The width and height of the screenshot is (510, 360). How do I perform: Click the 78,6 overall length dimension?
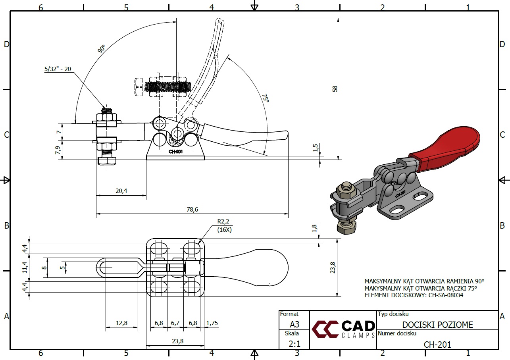(x=192, y=209)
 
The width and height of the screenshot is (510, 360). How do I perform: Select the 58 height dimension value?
(x=334, y=88)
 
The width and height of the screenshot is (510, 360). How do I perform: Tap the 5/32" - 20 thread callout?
(x=58, y=69)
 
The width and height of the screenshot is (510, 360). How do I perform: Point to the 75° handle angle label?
(x=265, y=98)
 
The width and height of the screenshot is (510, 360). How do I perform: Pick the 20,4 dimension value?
(x=121, y=191)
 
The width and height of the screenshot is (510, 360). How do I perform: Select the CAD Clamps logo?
(x=343, y=329)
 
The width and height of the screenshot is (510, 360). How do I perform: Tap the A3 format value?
(x=294, y=324)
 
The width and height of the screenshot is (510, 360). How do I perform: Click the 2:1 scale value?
(x=294, y=344)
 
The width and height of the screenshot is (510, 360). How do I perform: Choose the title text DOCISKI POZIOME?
(x=437, y=325)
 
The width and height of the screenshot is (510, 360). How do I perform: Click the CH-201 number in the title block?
(x=437, y=344)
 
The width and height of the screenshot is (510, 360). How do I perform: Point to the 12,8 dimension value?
(x=121, y=323)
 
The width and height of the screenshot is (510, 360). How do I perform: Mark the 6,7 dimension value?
(x=175, y=323)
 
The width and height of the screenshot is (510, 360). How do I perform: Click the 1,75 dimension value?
(x=212, y=323)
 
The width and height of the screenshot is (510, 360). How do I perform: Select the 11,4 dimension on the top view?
(x=25, y=268)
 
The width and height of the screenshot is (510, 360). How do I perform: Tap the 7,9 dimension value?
(x=58, y=150)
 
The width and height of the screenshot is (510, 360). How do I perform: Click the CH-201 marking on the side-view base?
(x=175, y=151)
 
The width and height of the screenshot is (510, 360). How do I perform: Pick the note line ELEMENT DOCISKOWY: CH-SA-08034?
(x=414, y=295)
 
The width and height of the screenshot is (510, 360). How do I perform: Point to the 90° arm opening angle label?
(x=101, y=49)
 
